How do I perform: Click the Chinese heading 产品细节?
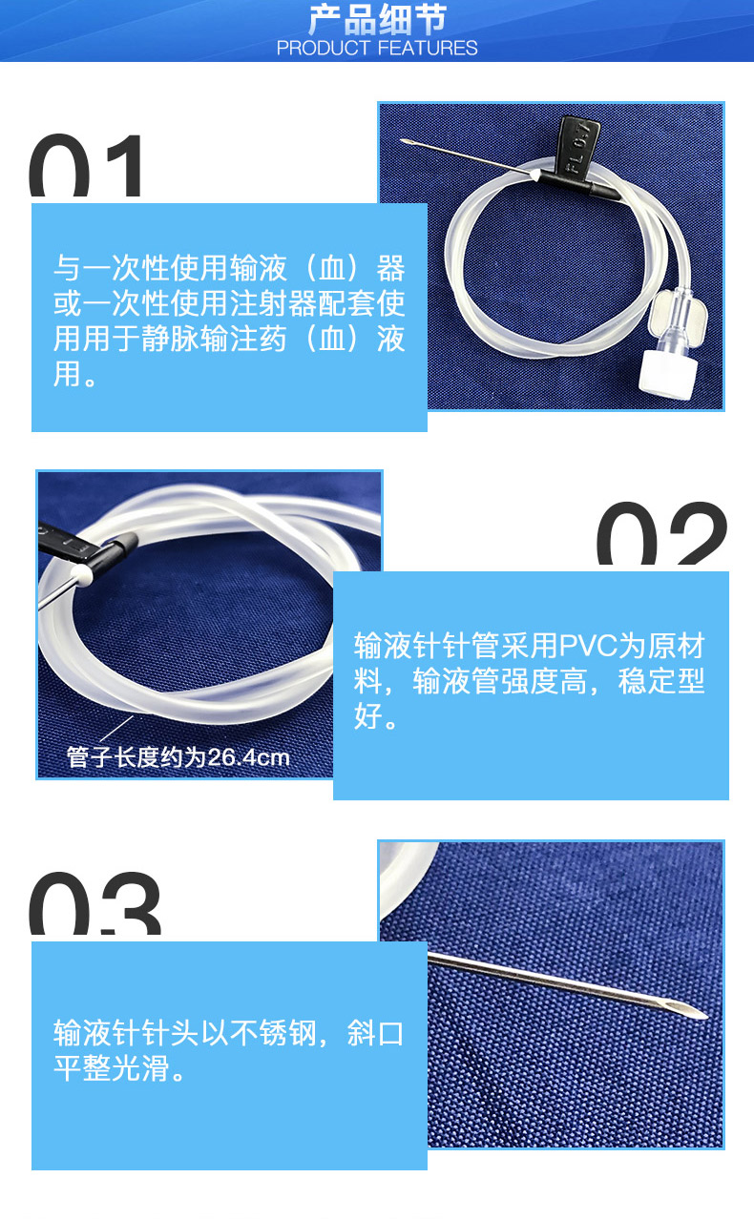pos(377,20)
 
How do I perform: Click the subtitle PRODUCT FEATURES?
pos(377,48)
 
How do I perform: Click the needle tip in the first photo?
pos(408,143)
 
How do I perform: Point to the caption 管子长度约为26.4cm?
pos(178,757)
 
